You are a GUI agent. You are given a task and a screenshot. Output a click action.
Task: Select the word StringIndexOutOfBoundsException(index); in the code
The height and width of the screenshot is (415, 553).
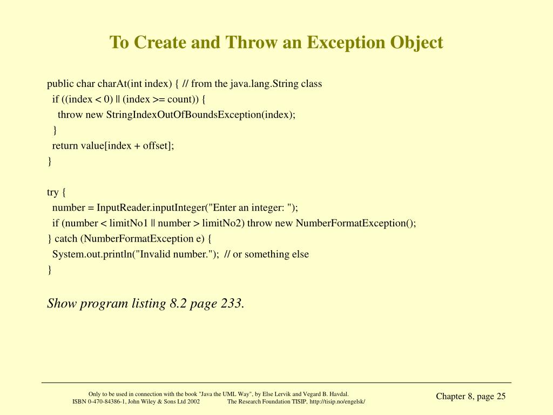click(x=201, y=115)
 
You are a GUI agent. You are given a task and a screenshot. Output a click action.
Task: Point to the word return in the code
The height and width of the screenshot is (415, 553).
click(x=65, y=145)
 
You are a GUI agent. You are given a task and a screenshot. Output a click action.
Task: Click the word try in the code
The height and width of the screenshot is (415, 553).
click(x=52, y=192)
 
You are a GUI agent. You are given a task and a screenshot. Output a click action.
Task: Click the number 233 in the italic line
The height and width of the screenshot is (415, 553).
click(x=231, y=304)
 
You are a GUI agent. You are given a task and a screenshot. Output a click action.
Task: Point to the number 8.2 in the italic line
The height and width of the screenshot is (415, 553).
click(x=178, y=304)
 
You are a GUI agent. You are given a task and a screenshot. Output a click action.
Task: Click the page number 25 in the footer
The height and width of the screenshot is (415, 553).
click(x=501, y=397)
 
